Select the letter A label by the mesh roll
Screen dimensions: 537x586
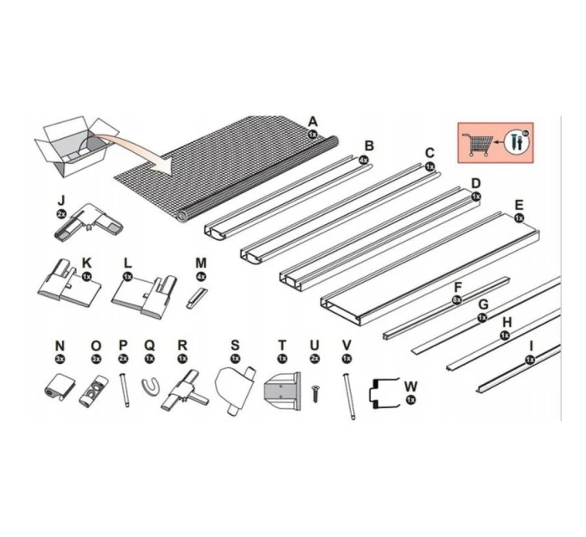click(x=313, y=120)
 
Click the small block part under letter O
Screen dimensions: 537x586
click(x=95, y=391)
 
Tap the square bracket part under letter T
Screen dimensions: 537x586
click(x=281, y=392)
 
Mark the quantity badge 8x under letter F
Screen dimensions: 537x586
click(x=456, y=299)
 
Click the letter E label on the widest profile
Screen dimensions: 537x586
click(x=519, y=205)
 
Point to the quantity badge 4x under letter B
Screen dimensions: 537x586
click(x=363, y=159)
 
